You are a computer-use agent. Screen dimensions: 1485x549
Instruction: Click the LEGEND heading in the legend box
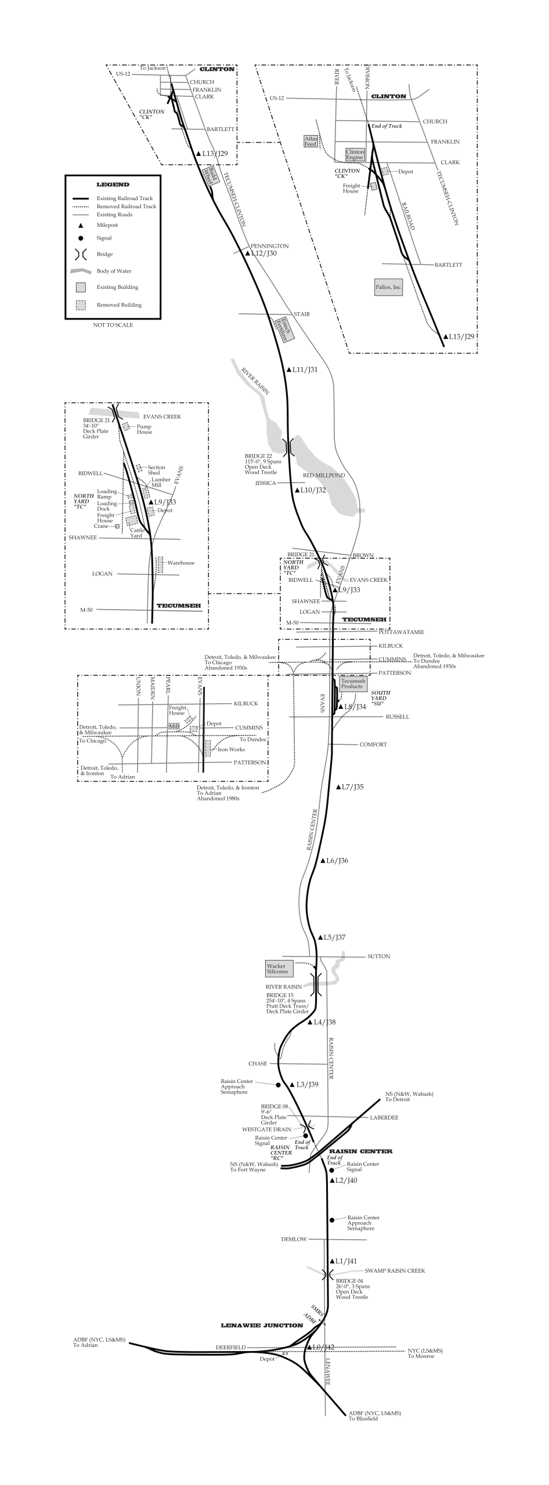(113, 184)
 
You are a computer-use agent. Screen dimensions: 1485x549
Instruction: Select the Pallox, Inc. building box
(388, 287)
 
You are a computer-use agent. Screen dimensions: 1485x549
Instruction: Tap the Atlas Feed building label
(310, 141)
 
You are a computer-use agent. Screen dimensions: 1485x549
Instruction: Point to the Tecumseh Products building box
(352, 684)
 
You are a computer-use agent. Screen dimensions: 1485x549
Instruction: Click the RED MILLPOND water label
(324, 475)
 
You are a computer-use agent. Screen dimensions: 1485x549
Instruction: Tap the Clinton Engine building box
(355, 154)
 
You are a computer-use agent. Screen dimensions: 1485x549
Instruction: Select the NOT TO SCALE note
(113, 325)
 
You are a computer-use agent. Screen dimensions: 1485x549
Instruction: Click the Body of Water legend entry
(114, 271)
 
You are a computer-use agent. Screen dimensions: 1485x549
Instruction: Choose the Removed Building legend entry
(118, 305)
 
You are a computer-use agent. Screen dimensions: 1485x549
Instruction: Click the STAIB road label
(302, 314)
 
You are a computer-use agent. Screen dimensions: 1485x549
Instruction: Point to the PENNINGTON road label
(269, 246)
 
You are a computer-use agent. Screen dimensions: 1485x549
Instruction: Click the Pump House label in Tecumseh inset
(144, 429)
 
